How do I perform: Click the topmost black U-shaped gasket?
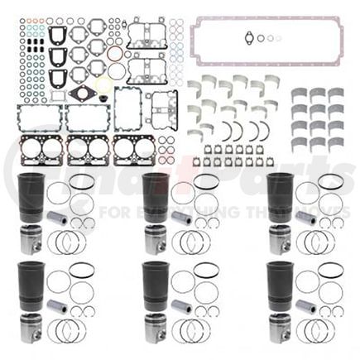57,36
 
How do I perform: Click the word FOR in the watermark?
138,213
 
